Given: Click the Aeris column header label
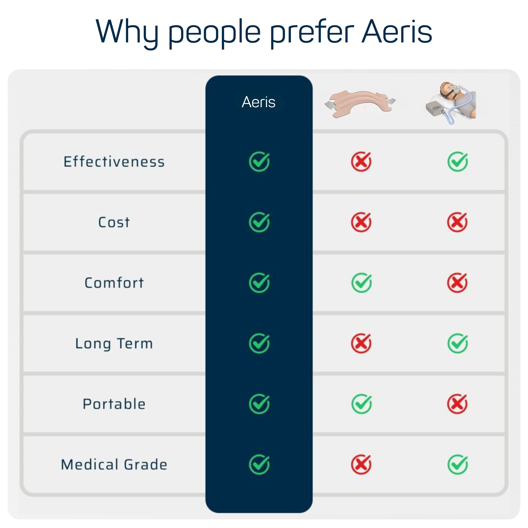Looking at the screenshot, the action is click(x=259, y=102).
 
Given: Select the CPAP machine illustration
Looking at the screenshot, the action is click(x=451, y=103).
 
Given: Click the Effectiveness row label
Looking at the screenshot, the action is click(x=114, y=161).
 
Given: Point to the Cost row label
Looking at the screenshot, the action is click(x=114, y=222).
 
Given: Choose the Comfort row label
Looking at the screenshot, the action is click(x=114, y=283).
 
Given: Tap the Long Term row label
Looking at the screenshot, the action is click(x=114, y=344).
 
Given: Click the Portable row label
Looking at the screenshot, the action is click(x=114, y=404).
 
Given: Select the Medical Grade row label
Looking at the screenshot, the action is click(x=114, y=465).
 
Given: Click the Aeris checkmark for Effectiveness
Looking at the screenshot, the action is click(x=259, y=161).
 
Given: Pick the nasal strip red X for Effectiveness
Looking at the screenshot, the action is click(x=361, y=161).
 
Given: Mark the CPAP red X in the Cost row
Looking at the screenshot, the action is click(x=457, y=222).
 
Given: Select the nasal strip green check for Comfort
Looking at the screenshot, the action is click(x=361, y=282).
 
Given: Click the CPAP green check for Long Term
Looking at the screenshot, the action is click(x=458, y=343).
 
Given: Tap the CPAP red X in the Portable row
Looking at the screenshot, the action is click(x=457, y=404).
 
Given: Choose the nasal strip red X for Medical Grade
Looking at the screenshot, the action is click(x=361, y=465).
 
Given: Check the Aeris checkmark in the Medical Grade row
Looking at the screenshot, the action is click(x=259, y=465).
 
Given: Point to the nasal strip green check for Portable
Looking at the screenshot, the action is click(x=361, y=404).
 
